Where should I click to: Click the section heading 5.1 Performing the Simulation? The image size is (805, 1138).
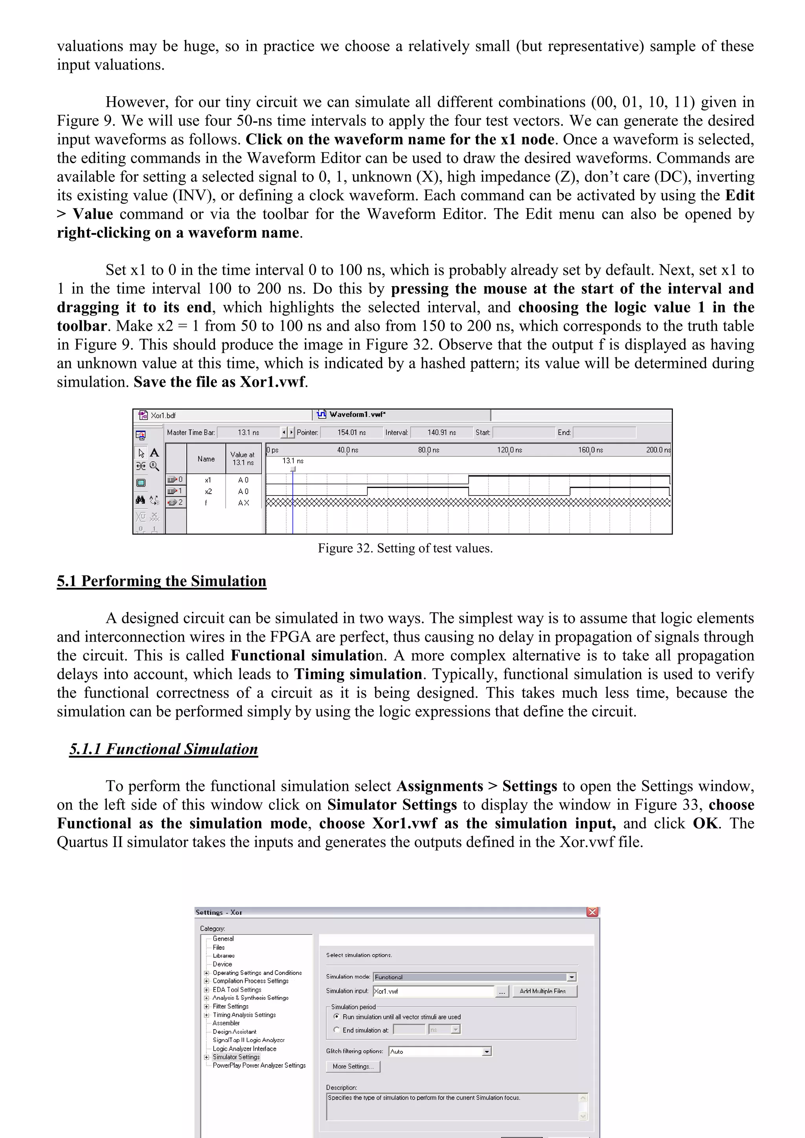pos(161,581)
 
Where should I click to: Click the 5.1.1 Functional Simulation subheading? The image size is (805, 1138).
pos(164,749)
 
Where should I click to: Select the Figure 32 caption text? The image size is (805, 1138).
pos(405,548)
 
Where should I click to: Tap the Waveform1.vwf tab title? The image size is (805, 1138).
pos(357,414)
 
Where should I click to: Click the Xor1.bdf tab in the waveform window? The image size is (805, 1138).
pos(163,415)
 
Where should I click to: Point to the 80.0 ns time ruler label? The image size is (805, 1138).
pos(428,450)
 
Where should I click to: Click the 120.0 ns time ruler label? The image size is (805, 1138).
pos(509,450)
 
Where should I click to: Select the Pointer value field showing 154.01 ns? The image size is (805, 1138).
pos(351,432)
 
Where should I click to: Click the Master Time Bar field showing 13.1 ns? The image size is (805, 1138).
pos(248,432)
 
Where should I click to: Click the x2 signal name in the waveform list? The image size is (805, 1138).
pos(208,491)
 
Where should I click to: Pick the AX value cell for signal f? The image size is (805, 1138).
pos(243,503)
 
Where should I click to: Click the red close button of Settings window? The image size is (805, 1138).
pos(592,912)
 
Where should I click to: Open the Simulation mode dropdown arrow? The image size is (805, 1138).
pos(572,977)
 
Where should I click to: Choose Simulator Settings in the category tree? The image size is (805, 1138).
pos(236,1057)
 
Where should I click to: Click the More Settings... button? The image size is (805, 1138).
pos(353,1066)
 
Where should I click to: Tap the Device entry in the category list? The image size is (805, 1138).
pos(222,964)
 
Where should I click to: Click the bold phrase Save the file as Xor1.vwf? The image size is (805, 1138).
pos(220,382)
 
